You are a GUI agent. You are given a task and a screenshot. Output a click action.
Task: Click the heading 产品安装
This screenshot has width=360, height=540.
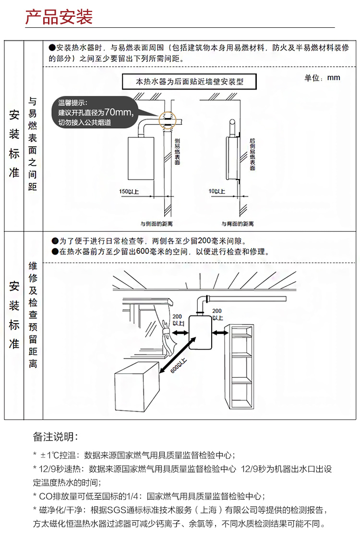click(59, 17)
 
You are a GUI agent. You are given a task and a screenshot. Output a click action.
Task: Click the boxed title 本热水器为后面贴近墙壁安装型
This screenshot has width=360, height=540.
click(190, 81)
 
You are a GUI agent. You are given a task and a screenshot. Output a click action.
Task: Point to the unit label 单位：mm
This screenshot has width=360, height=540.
click(322, 78)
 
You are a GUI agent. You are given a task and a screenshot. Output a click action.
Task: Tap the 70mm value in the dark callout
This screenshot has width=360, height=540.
click(118, 112)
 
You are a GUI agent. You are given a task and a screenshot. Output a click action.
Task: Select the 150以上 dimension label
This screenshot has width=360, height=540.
click(129, 192)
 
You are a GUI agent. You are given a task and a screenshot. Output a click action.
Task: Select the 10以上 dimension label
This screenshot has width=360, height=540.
click(216, 192)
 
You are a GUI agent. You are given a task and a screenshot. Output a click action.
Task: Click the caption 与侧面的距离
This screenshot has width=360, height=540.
click(156, 224)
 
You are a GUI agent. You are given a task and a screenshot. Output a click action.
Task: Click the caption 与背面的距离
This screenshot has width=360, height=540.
click(238, 224)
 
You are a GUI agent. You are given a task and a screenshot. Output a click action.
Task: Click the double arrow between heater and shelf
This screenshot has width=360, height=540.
click(220, 332)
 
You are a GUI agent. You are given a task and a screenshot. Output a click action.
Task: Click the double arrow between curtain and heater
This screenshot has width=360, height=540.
click(180, 332)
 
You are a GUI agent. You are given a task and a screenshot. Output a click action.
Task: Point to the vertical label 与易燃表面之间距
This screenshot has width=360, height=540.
click(32, 144)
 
